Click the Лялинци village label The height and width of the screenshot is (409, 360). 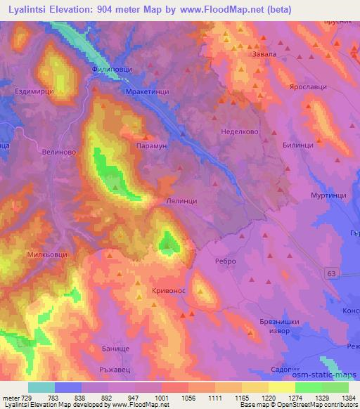[186, 200]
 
